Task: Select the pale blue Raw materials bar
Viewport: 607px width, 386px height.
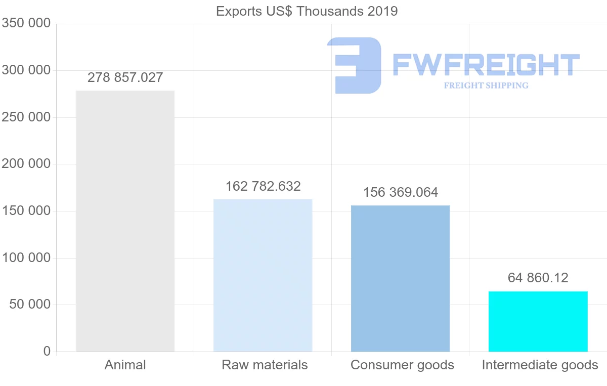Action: click(x=263, y=275)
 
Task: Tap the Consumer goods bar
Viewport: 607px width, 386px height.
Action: click(x=400, y=278)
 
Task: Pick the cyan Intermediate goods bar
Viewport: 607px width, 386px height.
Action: click(x=538, y=321)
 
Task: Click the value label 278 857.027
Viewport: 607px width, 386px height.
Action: click(x=125, y=77)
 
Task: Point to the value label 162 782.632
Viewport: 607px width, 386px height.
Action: click(x=263, y=186)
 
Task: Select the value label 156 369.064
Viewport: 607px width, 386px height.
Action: click(x=401, y=192)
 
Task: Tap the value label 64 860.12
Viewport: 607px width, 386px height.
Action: click(x=538, y=278)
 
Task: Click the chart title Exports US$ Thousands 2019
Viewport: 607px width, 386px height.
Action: click(x=307, y=11)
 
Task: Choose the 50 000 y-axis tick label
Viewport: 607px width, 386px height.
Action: click(x=30, y=305)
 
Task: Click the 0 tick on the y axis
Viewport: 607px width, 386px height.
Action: click(x=47, y=351)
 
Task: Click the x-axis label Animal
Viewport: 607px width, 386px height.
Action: click(x=125, y=365)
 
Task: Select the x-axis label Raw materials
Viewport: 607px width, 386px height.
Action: click(x=265, y=365)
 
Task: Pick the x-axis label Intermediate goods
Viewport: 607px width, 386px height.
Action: click(x=540, y=365)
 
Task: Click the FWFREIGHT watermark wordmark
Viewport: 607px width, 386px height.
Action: click(x=486, y=65)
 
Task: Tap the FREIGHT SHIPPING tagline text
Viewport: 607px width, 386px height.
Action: click(x=486, y=85)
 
